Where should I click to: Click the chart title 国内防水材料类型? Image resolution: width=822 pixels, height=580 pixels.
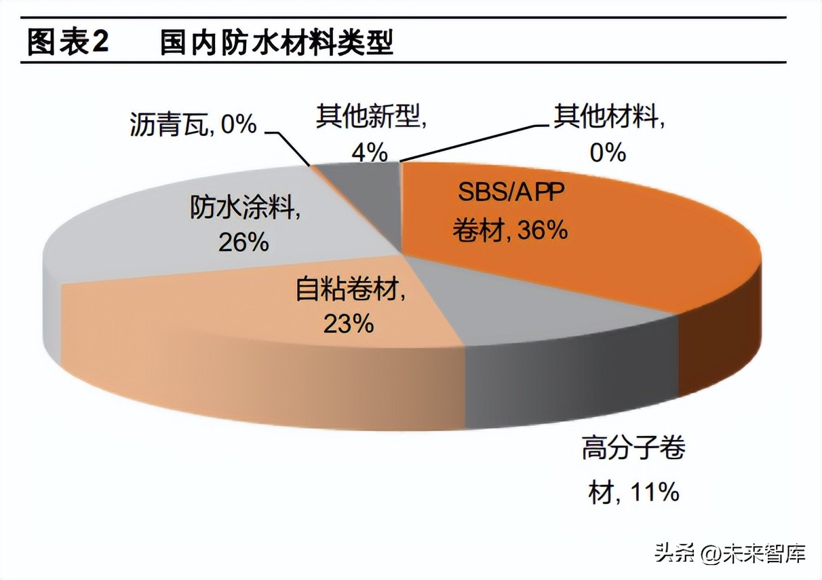click(276, 43)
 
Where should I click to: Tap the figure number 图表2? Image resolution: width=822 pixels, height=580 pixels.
click(68, 43)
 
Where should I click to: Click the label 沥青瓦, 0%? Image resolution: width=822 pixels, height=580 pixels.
click(193, 124)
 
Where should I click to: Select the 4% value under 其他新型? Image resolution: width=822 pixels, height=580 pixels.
click(369, 152)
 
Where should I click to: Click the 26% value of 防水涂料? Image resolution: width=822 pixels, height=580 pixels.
click(243, 242)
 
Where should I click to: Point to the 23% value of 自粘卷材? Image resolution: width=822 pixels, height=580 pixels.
click(349, 323)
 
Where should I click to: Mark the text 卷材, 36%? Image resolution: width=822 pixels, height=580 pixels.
click(509, 231)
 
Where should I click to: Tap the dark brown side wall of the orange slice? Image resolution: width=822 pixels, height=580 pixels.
click(719, 346)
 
